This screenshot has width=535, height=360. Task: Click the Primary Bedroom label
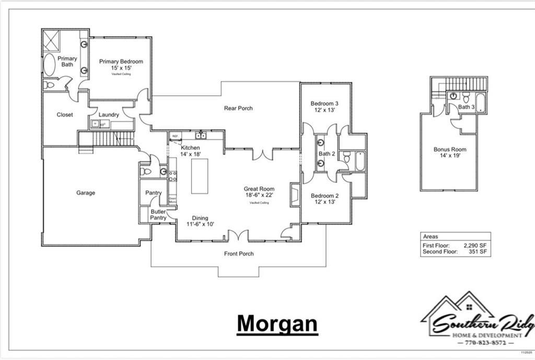click(x=121, y=62)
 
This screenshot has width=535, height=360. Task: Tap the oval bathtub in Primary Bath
click(x=49, y=65)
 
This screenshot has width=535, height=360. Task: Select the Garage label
click(x=86, y=193)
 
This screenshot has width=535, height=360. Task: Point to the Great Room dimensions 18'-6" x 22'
click(x=259, y=195)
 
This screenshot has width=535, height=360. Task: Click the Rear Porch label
click(x=238, y=108)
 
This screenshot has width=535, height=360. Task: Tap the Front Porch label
click(x=239, y=253)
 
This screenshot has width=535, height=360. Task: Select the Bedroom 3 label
click(x=324, y=103)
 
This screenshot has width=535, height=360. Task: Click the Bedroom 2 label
click(x=324, y=196)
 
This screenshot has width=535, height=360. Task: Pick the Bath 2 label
click(x=327, y=154)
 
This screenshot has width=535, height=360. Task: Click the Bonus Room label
click(x=450, y=149)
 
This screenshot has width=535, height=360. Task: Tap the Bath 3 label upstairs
click(x=466, y=107)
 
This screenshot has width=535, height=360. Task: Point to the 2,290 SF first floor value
click(x=475, y=245)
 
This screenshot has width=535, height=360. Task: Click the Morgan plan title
click(x=277, y=323)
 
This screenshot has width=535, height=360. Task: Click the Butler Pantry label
click(x=158, y=214)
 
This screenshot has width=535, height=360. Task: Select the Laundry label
click(x=109, y=115)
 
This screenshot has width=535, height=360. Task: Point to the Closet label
click(x=65, y=115)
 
